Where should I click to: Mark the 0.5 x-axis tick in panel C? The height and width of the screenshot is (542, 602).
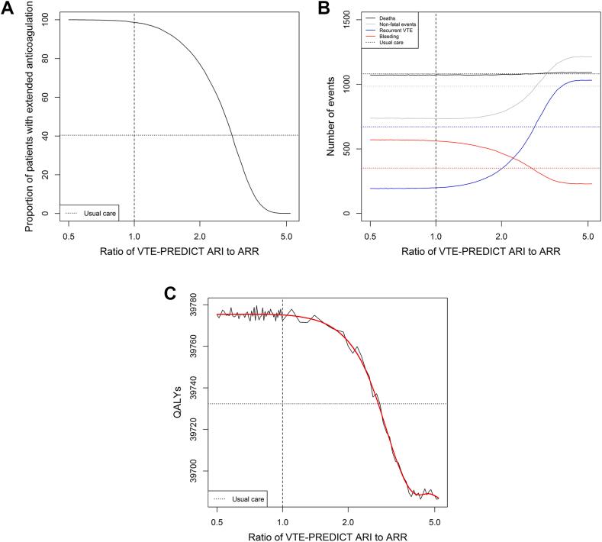point(217,522)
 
